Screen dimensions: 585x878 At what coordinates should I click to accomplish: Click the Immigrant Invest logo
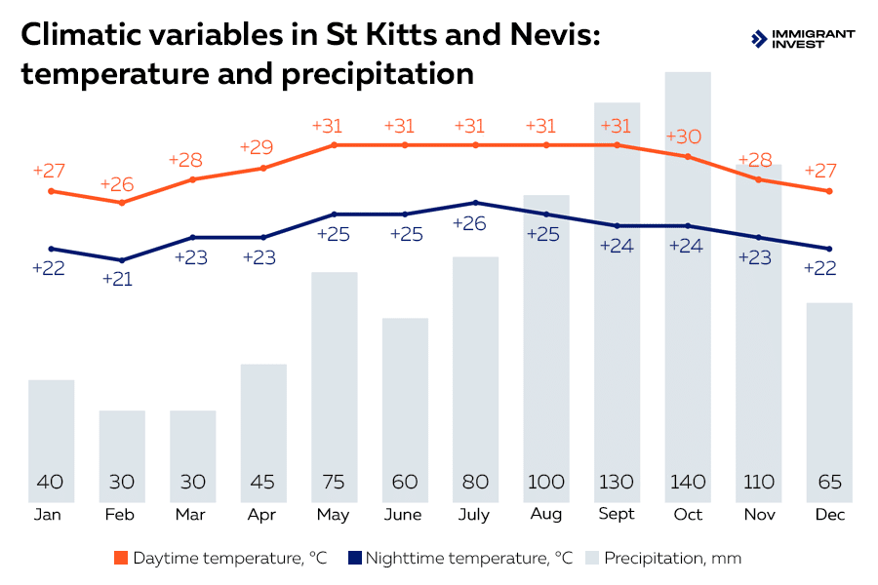coord(802,38)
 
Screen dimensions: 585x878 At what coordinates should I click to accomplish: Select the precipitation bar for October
coord(688,292)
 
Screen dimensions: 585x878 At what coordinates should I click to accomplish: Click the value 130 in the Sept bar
coord(617,482)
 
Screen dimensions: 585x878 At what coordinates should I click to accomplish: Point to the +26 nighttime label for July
coord(474,223)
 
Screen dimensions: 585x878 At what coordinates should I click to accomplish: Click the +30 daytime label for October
coord(687,136)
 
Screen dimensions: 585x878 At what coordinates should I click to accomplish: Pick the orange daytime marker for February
coord(122,203)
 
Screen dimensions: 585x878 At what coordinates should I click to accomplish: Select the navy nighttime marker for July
coord(475,203)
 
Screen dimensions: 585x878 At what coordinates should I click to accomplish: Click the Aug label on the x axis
coord(545,514)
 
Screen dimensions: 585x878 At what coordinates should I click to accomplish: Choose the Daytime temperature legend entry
coord(219,559)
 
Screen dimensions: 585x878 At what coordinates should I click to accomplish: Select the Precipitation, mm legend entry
coord(662,559)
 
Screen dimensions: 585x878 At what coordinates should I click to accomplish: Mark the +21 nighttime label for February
coord(122,279)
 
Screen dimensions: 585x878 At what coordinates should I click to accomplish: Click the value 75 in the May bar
coord(334,482)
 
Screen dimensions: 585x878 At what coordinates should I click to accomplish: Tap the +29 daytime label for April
coord(260,148)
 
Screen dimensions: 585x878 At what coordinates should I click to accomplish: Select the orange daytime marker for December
coord(829,191)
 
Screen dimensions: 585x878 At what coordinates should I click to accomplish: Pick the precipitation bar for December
coord(829,400)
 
